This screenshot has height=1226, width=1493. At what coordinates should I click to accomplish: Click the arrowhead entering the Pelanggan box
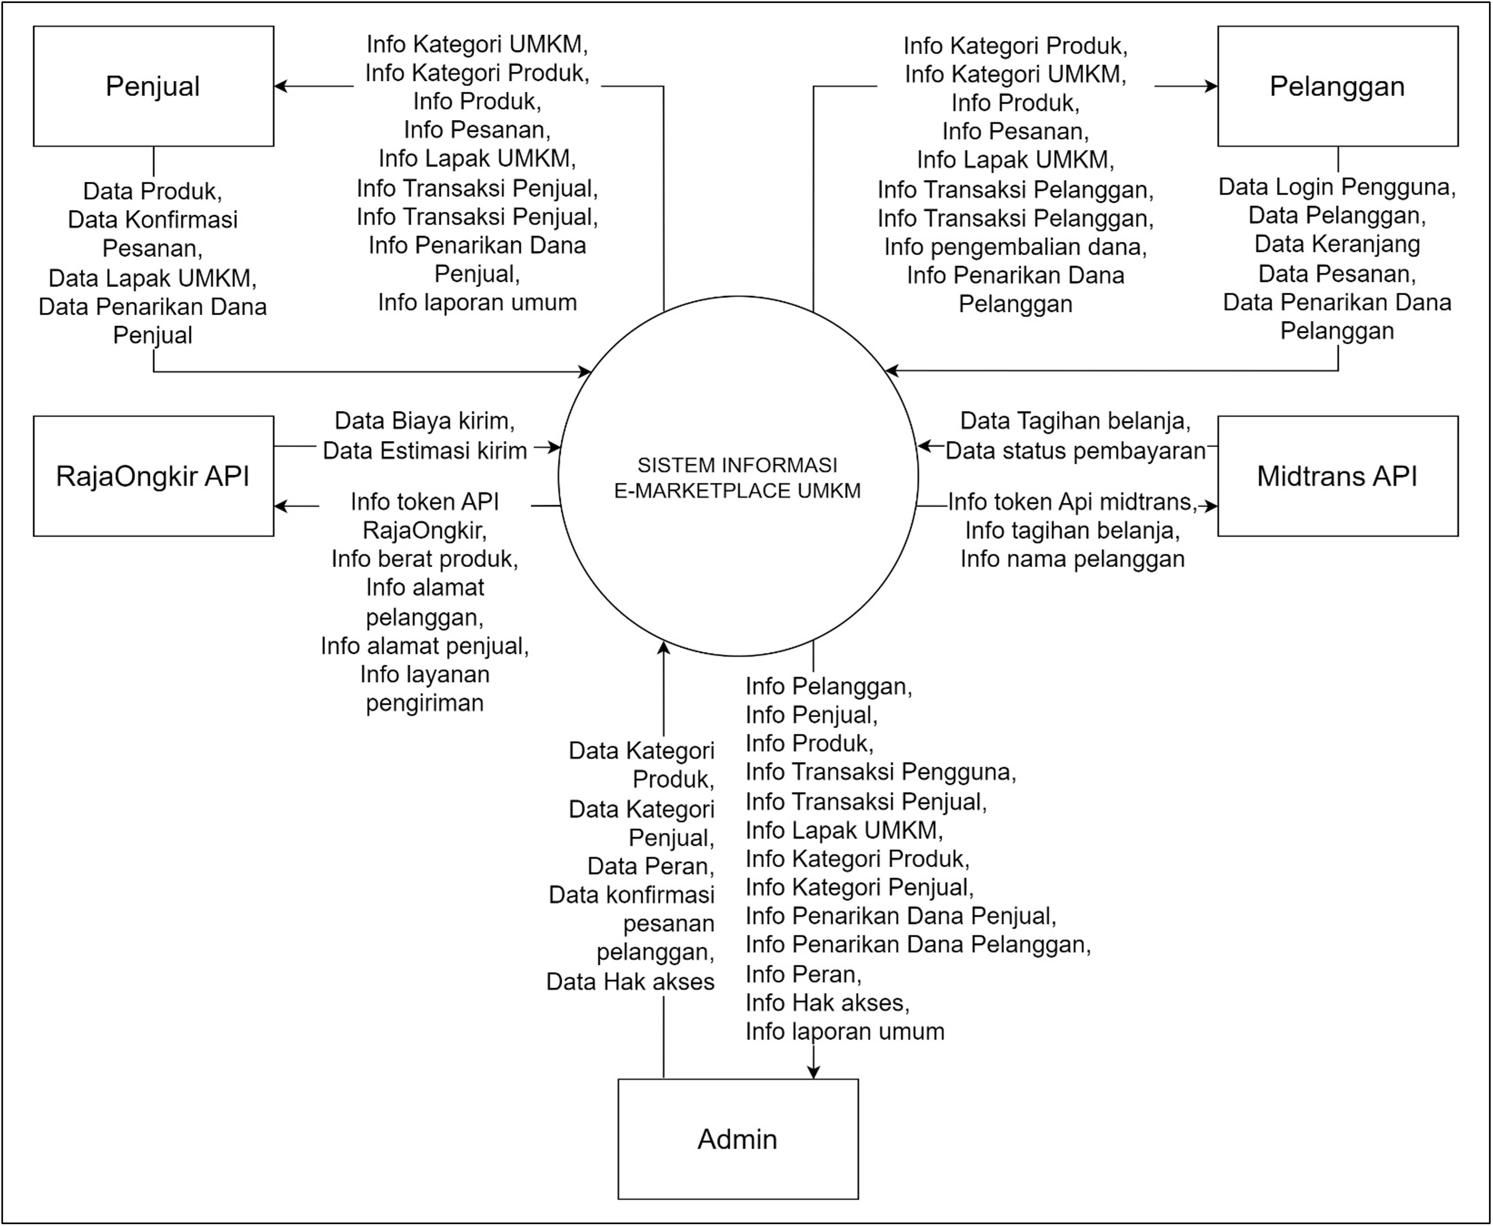[x=1211, y=86]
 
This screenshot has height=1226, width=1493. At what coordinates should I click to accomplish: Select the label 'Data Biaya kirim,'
[x=424, y=421]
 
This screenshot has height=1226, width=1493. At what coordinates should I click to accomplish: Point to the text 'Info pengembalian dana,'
[x=1015, y=247]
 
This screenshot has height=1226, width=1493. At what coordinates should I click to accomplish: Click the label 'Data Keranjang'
[x=1337, y=244]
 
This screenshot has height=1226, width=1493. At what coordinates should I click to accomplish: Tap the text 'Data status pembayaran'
[x=1075, y=451]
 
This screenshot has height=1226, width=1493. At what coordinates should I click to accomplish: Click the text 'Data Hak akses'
[x=630, y=982]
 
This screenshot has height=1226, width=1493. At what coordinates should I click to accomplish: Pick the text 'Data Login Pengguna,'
[x=1337, y=187]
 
